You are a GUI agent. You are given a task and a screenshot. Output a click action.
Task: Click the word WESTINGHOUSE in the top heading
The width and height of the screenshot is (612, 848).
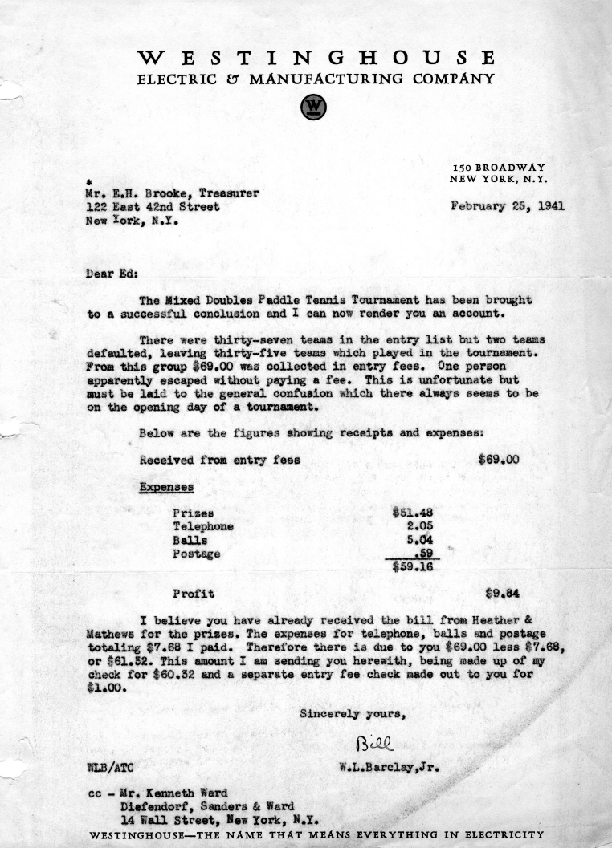[x=316, y=59]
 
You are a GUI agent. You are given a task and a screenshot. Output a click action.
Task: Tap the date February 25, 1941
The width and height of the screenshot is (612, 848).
[x=508, y=205]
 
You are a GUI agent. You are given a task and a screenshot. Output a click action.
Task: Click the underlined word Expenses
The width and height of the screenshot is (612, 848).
[x=165, y=486]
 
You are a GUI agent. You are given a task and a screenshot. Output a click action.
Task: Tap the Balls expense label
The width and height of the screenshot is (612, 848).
[x=190, y=540]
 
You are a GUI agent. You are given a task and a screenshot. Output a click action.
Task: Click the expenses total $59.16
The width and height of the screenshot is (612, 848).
[x=412, y=567]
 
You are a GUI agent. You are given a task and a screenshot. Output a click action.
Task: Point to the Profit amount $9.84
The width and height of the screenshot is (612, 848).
[x=504, y=594]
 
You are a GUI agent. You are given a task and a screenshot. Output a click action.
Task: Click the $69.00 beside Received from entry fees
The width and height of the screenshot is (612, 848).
[x=498, y=460]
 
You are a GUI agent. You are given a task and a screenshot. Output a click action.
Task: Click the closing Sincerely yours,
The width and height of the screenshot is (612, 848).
[x=353, y=712]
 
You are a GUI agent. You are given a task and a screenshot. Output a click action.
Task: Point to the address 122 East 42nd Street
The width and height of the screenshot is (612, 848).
[x=152, y=205]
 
